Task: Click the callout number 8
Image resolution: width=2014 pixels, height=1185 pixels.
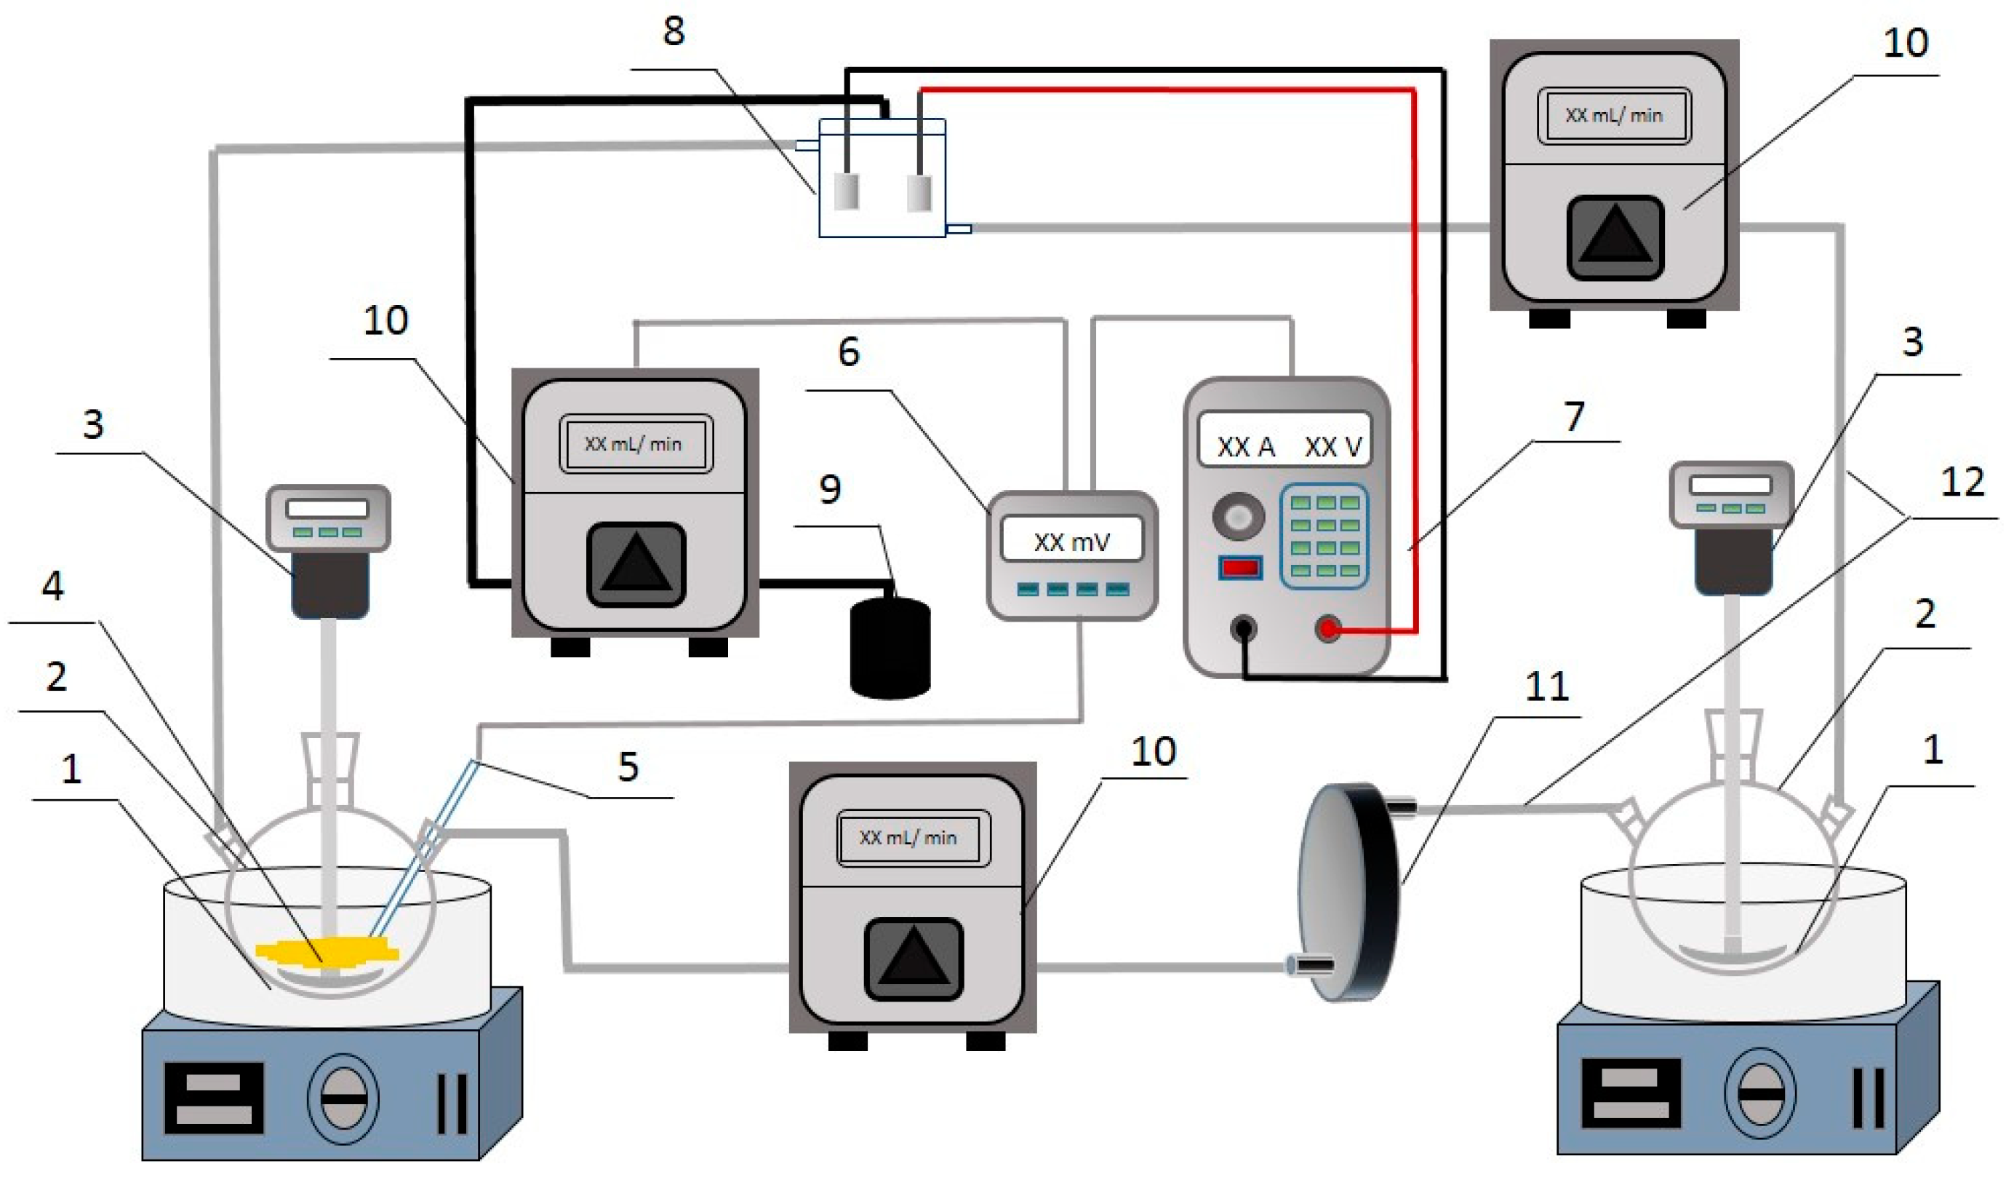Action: [674, 31]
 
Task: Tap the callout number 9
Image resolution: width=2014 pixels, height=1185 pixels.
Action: [831, 488]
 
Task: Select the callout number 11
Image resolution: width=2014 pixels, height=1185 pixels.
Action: [1546, 686]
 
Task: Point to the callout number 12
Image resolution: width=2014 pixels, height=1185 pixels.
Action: [1962, 482]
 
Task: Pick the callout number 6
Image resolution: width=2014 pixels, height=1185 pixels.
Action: [849, 352]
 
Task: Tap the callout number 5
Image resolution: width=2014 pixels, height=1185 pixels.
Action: [628, 766]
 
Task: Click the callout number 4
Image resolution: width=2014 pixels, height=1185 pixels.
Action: [53, 586]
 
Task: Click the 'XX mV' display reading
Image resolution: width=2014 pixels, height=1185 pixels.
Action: [1072, 542]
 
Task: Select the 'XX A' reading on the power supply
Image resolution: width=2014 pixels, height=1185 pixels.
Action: [1245, 447]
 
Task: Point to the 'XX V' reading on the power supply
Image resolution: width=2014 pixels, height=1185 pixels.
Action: [1333, 447]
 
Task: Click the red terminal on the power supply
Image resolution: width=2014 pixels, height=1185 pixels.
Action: [1328, 630]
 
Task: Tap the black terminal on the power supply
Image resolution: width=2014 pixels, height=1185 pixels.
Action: [1243, 630]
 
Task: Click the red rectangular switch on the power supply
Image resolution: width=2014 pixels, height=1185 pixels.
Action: [1240, 568]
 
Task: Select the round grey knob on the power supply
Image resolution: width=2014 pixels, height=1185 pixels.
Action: [1238, 517]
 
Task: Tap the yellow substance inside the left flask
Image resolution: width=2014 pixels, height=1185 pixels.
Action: [328, 951]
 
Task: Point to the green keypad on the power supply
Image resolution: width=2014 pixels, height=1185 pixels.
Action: [1324, 536]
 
